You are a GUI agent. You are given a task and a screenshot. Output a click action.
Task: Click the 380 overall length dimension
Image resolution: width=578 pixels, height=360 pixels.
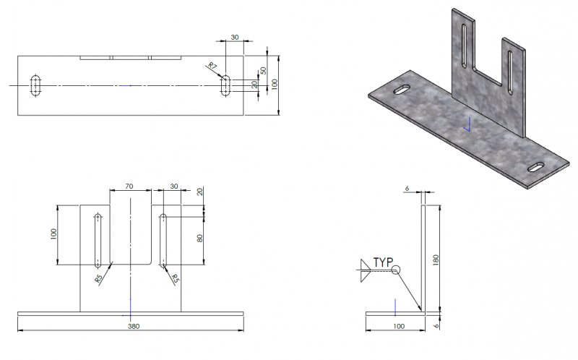pos(134,327)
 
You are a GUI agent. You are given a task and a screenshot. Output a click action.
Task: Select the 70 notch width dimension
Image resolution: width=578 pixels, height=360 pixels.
pos(129,187)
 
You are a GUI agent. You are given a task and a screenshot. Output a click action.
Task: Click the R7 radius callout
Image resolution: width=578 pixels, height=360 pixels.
pos(212,67)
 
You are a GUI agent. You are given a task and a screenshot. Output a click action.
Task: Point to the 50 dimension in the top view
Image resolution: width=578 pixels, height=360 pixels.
pos(264,70)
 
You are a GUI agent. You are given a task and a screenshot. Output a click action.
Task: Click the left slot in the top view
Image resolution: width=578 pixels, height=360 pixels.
pos(35,85)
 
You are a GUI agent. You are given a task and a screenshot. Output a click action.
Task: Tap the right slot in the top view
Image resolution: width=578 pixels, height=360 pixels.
pos(226,85)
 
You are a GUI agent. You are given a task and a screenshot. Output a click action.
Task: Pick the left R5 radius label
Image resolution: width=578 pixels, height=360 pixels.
pos(98,278)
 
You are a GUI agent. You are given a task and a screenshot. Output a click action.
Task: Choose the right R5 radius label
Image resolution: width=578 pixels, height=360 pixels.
pos(174,278)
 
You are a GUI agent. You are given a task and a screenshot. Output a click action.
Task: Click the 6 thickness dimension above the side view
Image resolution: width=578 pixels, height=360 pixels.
pos(407,188)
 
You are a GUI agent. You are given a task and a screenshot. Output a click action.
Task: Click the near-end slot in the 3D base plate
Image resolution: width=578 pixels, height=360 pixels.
pos(538,168)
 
